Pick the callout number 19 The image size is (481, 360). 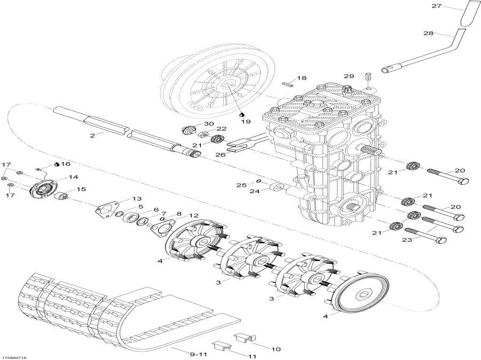tap(245, 121)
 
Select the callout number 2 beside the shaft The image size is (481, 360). tap(92, 135)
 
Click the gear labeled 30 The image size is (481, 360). tap(189, 131)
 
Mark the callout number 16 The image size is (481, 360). tap(66, 164)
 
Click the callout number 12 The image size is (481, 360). tap(192, 215)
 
